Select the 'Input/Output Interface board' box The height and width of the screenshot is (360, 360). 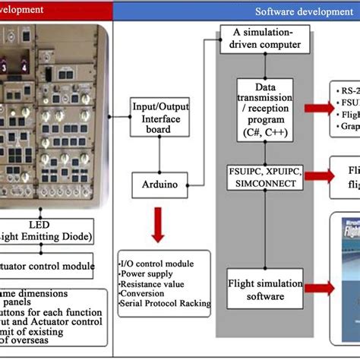[x=158, y=117]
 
